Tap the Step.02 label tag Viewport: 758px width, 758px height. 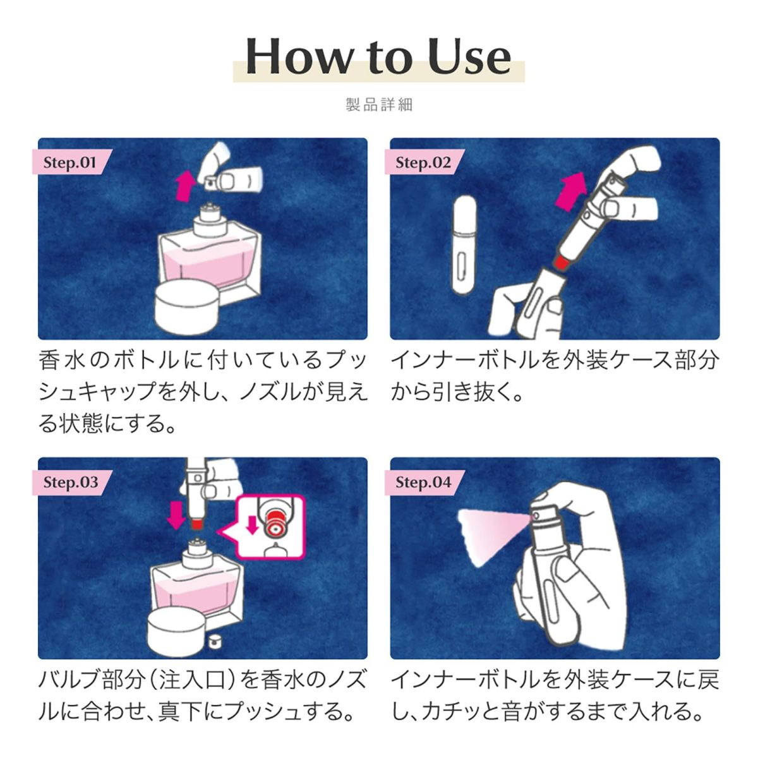(x=424, y=162)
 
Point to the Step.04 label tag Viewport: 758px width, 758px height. (x=424, y=483)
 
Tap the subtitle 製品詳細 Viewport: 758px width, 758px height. (x=379, y=105)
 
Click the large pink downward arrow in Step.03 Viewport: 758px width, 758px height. (x=176, y=515)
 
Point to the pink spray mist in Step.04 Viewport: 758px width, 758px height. (x=494, y=536)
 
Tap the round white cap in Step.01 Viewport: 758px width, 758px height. (x=186, y=306)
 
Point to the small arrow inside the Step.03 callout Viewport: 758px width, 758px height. (x=252, y=524)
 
